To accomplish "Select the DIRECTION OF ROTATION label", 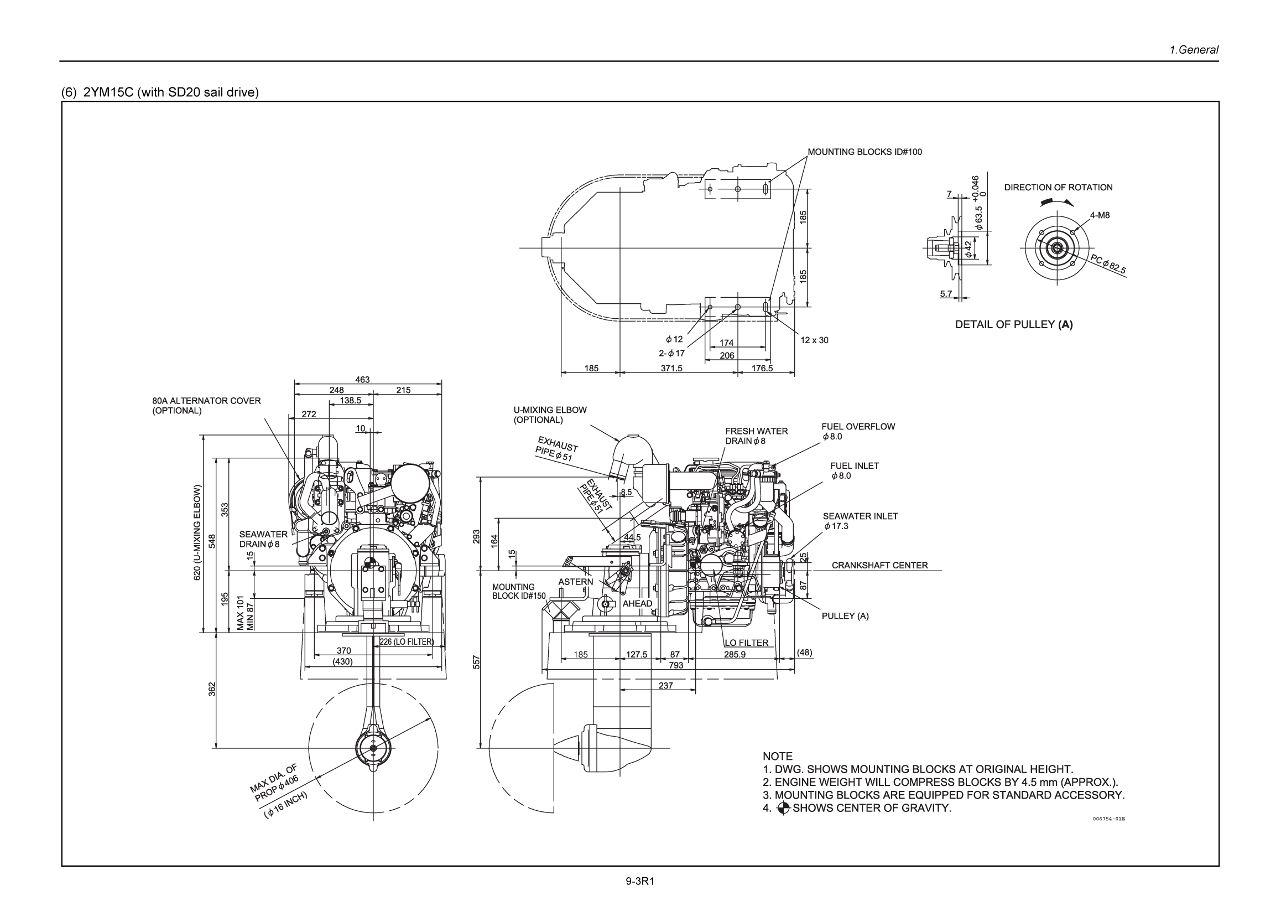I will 1058,188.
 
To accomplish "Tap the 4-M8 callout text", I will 1100,215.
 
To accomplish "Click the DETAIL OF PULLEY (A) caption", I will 1013,324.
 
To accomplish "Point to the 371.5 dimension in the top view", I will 671,369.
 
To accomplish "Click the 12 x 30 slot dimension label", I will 814,340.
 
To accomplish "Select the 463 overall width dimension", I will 362,380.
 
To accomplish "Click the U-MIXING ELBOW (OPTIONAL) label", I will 550,414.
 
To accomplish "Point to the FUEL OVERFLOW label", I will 857,427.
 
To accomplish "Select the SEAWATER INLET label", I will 860,516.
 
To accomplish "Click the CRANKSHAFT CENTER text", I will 879,565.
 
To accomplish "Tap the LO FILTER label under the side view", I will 746,643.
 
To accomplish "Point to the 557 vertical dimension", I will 476,662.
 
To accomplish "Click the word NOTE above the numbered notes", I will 777,756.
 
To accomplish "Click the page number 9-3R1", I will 639,882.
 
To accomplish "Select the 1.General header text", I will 1194,50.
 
